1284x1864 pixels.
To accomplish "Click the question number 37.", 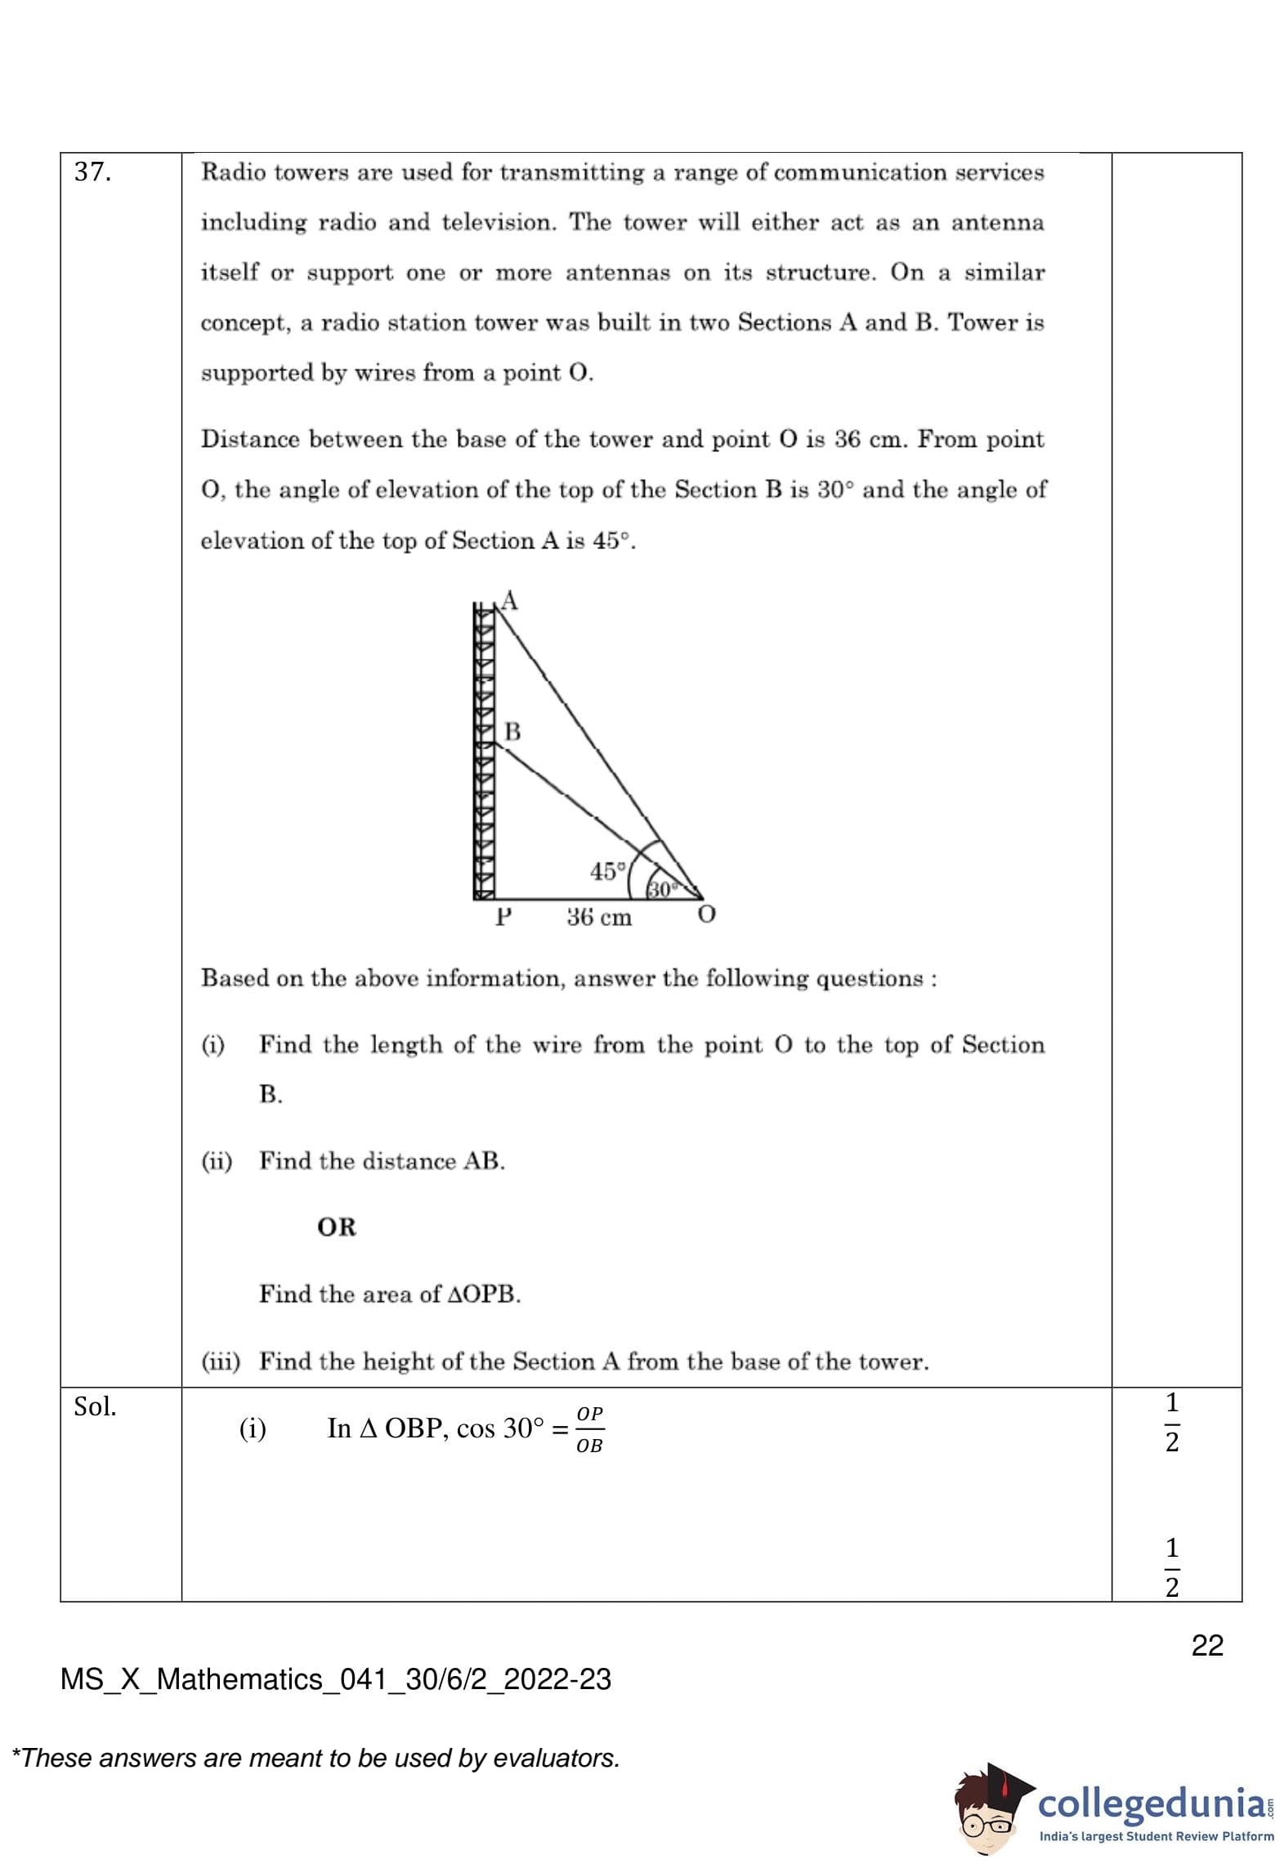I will point(92,172).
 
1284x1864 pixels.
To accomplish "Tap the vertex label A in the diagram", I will point(510,601).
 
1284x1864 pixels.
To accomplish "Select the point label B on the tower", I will point(512,731).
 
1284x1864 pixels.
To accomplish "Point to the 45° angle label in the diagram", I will point(607,871).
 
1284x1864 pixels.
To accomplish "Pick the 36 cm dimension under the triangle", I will point(599,918).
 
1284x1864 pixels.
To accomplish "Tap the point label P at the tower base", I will point(503,917).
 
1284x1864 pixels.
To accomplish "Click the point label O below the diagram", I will point(706,914).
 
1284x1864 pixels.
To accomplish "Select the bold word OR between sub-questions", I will point(337,1227).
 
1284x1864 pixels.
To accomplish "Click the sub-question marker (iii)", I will point(221,1361).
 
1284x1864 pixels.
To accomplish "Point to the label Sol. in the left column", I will point(95,1406).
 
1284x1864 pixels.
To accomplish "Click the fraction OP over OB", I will point(589,1428).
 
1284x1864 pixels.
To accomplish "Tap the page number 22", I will point(1207,1645).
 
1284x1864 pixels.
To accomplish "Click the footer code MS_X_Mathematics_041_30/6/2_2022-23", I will point(336,1679).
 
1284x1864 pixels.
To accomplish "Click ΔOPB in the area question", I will point(484,1294).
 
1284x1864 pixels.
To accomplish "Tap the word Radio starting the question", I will point(230,172).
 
